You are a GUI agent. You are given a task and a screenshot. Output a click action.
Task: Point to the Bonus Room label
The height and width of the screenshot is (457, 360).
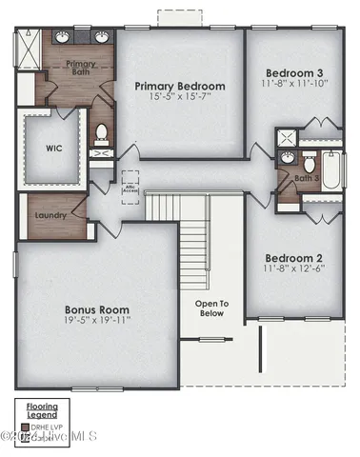click(97, 309)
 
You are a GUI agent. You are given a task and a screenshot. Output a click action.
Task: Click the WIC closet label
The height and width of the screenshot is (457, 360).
click(53, 148)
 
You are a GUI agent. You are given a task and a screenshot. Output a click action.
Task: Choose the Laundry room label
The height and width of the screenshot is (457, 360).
click(50, 215)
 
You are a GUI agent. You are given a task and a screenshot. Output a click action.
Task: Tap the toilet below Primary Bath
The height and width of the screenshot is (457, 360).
click(102, 132)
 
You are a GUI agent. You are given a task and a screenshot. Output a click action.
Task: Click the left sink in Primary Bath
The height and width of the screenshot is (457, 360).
click(63, 38)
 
